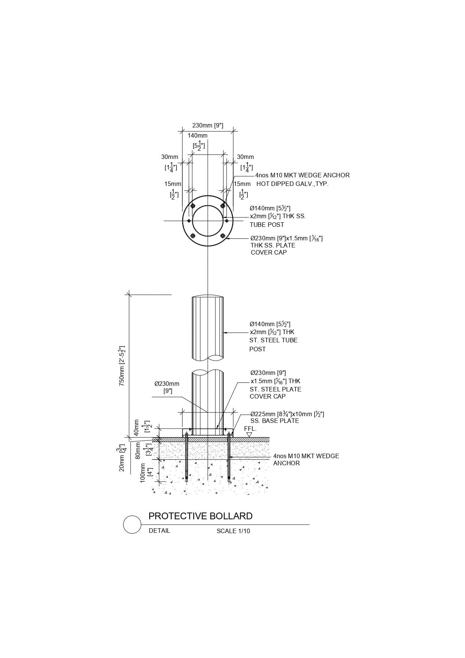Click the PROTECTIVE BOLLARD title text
(201, 516)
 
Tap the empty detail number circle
(132, 524)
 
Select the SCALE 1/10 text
(233, 531)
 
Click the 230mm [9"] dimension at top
(208, 125)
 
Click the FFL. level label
(250, 429)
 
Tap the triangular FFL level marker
(249, 435)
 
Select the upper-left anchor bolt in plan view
(193, 206)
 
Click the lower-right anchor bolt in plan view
(223, 236)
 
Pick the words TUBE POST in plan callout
(267, 225)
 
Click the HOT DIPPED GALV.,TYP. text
(292, 184)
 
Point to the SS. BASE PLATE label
(275, 421)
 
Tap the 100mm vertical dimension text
(143, 473)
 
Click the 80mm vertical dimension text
(138, 451)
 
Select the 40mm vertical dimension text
(136, 427)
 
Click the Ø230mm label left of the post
(167, 384)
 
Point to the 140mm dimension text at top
(198, 135)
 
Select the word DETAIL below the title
(159, 531)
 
